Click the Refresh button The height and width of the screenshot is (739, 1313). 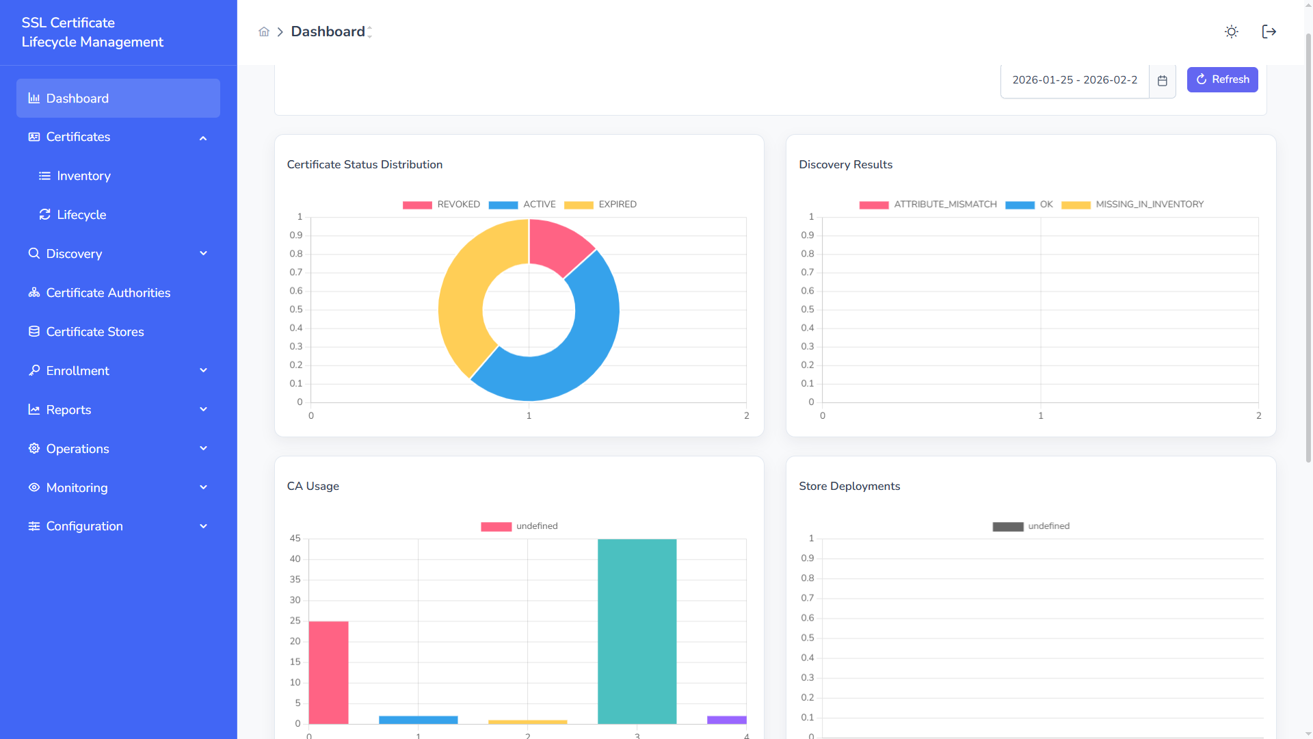click(1222, 79)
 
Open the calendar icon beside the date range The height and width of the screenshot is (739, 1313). click(1162, 81)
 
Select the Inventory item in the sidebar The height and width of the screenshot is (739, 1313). click(83, 176)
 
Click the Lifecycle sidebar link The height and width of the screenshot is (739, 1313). click(81, 215)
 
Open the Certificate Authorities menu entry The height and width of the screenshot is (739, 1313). click(108, 293)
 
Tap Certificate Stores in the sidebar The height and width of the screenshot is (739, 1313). click(95, 332)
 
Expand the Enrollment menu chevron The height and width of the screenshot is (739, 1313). click(203, 370)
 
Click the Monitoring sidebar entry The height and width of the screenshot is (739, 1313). click(77, 488)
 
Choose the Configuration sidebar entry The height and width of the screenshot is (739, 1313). click(84, 526)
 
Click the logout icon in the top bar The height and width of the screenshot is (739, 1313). click(1269, 31)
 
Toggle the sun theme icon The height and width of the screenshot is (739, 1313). click(1231, 31)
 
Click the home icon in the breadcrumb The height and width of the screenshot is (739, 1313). click(264, 31)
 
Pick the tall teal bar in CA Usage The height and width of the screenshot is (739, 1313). click(637, 630)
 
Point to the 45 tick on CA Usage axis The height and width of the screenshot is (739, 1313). click(295, 539)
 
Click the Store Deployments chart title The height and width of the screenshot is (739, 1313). click(849, 486)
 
